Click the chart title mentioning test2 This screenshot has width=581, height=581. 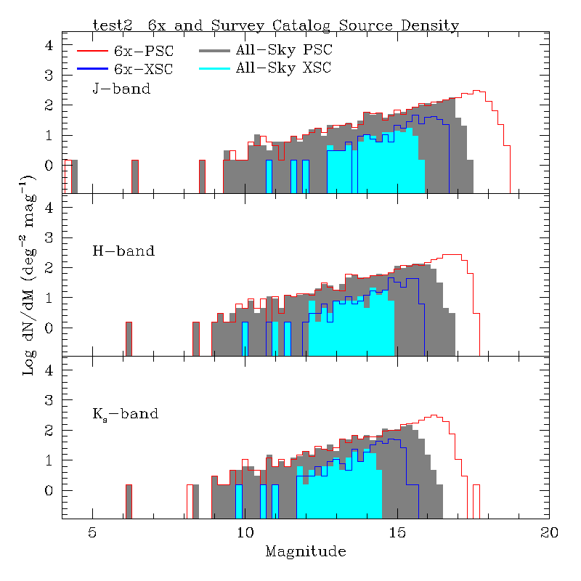tap(275, 25)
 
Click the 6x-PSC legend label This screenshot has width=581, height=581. tap(144, 51)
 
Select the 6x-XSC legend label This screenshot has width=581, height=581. tap(144, 68)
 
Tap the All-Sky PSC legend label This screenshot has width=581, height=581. tap(283, 51)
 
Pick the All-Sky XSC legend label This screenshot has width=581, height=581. tap(283, 68)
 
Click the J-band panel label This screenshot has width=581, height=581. tap(121, 89)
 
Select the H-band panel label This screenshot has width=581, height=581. tap(123, 251)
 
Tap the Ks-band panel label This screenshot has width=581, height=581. tap(125, 415)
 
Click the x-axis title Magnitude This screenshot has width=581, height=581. tap(306, 552)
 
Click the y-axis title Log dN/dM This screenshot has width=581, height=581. tap(29, 275)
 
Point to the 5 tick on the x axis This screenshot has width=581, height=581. tap(92, 532)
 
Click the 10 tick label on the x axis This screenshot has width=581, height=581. tap(245, 532)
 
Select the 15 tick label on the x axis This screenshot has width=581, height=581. tap(397, 532)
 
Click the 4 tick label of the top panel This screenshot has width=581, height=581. tap(49, 45)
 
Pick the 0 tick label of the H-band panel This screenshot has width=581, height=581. tap(49, 328)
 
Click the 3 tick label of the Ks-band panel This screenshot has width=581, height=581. tap(49, 400)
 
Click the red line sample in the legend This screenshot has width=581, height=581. tap(93, 51)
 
